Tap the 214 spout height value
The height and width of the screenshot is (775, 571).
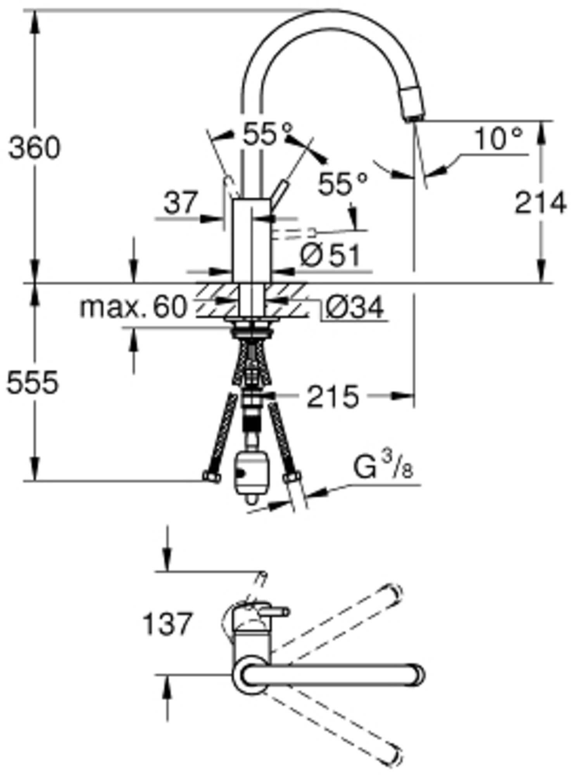point(540,203)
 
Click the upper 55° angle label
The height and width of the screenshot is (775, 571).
point(267,134)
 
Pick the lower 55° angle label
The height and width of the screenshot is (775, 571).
point(342,184)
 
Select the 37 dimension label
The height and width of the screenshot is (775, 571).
point(180,203)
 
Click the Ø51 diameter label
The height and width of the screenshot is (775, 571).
point(330,256)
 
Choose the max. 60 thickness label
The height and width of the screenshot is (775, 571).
point(133,308)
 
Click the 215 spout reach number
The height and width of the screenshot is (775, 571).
point(333,397)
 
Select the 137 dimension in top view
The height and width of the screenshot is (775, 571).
point(167,624)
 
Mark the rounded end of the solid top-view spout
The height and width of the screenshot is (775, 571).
point(417,675)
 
